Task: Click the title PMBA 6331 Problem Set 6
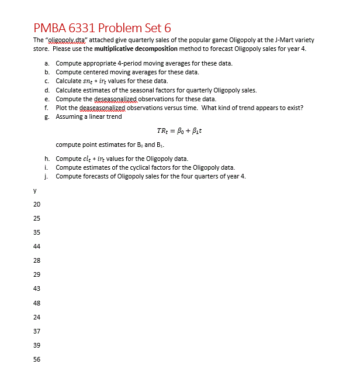(x=102, y=27)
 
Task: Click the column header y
(x=36, y=190)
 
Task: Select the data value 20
(x=37, y=204)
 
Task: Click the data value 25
(x=37, y=218)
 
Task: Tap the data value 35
(x=37, y=232)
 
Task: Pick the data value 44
(x=37, y=246)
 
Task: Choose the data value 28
(x=37, y=260)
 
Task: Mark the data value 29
(x=37, y=274)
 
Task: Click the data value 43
(x=37, y=288)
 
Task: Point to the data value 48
(x=37, y=303)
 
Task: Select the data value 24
(x=37, y=317)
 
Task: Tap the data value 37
(x=37, y=331)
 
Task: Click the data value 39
(x=37, y=345)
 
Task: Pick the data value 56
(x=37, y=359)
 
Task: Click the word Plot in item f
(x=61, y=108)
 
